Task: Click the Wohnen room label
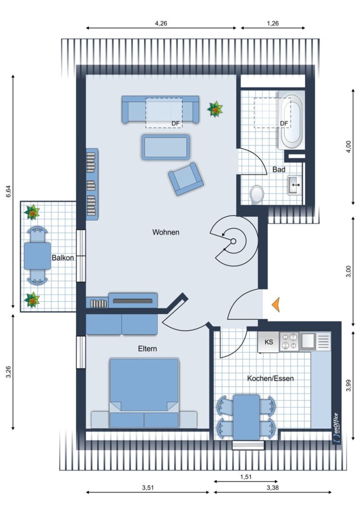coord(166,232)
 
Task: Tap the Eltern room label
coord(147,348)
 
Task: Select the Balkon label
coord(63,258)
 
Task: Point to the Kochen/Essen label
coord(270,378)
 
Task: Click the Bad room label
coord(279,170)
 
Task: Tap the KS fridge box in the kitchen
coord(268,342)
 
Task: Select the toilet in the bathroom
coord(257,195)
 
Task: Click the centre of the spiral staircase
coord(233,241)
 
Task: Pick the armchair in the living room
coord(186,179)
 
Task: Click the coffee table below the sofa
coord(166,147)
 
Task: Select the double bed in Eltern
coord(144,393)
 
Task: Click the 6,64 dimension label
coord(9,191)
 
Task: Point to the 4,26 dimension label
coord(161,23)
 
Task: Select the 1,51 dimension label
coord(246,477)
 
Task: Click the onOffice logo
coord(336,427)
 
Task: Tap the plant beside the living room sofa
coord(215,109)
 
